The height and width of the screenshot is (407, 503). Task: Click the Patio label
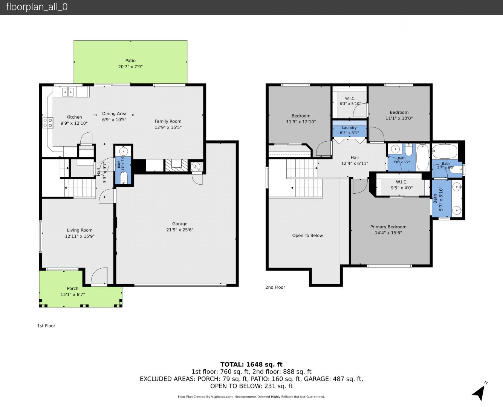coord(130,60)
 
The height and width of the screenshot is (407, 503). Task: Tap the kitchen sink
coord(68,92)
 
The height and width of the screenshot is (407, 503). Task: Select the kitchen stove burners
coord(47,123)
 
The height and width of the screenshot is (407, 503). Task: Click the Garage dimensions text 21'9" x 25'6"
coord(180,230)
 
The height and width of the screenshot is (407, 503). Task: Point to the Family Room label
coord(168,121)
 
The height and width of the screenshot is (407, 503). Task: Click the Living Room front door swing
coord(99,275)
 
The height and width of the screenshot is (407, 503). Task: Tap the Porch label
coord(73,288)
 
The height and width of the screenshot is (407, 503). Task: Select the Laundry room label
coord(349,127)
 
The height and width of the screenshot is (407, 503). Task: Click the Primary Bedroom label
coord(388,227)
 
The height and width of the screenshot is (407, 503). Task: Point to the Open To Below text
coord(307,236)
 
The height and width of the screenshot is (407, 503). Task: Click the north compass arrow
coord(480,392)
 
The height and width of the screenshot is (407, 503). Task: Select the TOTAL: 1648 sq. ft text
coord(251,364)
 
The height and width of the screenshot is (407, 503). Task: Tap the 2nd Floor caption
coord(275,287)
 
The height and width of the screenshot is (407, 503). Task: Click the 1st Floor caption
coord(46,326)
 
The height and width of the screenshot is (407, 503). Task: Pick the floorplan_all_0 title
coord(37,7)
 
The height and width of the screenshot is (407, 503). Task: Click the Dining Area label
coord(114,113)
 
